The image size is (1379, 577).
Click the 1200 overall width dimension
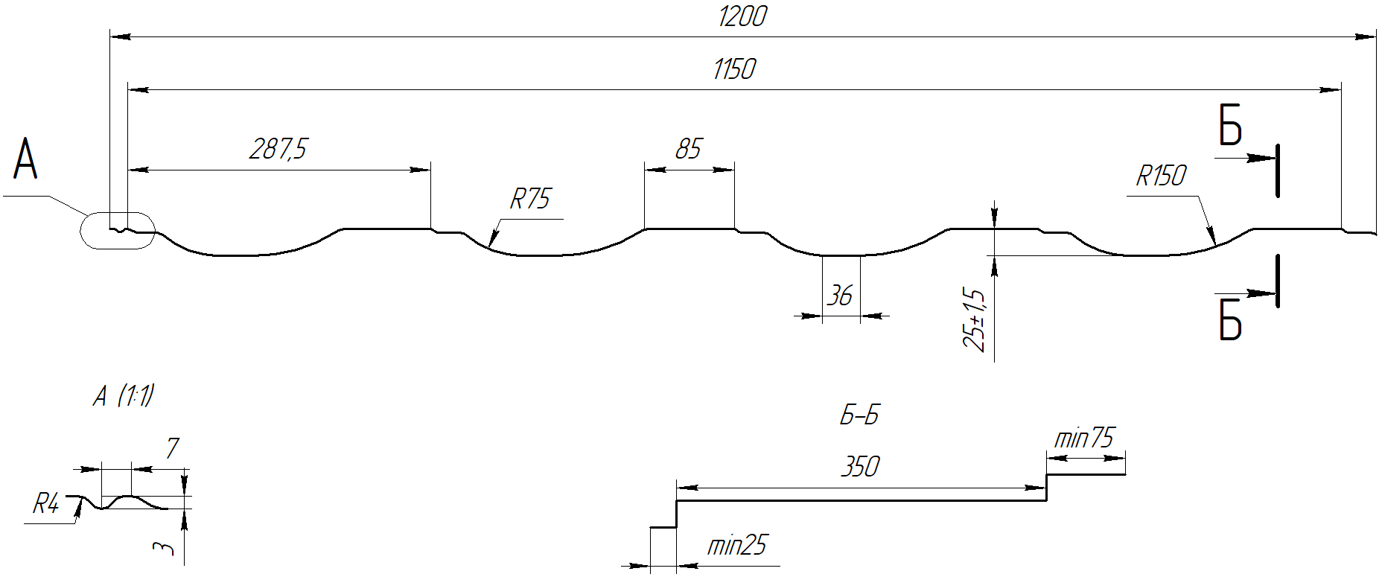[742, 16]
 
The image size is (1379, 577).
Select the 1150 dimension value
[734, 69]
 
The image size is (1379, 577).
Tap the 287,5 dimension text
[278, 149]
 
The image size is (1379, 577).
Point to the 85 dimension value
[688, 149]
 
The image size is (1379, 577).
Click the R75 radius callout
[530, 200]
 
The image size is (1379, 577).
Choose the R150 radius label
[1161, 176]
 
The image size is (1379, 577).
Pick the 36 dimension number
[840, 296]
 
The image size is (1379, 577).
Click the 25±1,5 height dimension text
[974, 318]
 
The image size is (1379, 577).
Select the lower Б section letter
[1231, 320]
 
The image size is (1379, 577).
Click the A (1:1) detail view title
[124, 396]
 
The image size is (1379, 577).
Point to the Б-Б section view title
[859, 415]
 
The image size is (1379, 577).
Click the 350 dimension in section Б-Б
[860, 467]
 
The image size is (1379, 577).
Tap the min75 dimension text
[1084, 439]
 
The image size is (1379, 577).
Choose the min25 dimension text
[736, 546]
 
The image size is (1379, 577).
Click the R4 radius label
[45, 506]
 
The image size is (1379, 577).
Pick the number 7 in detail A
[172, 449]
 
